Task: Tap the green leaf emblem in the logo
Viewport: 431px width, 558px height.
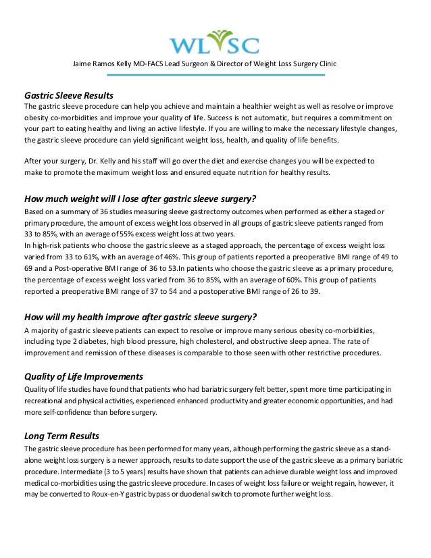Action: [x=215, y=35]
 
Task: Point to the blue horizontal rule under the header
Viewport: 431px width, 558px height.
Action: [x=215, y=74]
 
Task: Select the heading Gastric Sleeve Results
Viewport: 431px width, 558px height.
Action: [x=68, y=95]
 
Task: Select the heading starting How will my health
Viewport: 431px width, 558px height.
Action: [x=141, y=318]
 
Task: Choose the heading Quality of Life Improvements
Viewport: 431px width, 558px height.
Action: [x=83, y=376]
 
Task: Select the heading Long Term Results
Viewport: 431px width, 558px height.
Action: [x=61, y=435]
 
